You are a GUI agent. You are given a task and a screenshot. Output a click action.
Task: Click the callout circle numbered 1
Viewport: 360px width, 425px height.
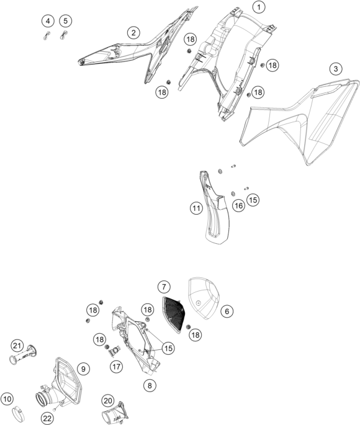(x=259, y=7)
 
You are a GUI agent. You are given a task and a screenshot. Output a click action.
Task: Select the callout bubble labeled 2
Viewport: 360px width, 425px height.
(x=133, y=33)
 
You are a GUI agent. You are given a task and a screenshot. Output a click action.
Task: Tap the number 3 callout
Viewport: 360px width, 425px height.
(x=336, y=69)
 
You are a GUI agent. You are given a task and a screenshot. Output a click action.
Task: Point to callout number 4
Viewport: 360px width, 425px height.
(x=48, y=21)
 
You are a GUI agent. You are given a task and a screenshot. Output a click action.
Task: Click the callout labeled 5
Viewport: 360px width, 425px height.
(x=66, y=21)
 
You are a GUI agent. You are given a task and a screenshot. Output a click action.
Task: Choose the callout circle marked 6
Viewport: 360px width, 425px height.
(x=227, y=311)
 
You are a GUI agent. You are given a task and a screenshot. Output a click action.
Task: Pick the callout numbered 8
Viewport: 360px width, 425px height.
(x=150, y=385)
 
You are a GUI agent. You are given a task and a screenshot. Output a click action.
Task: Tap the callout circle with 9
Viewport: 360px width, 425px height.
(x=83, y=369)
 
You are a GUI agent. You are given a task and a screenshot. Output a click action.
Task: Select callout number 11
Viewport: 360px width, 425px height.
(x=196, y=208)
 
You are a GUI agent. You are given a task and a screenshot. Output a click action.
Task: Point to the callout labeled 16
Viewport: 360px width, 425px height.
(x=238, y=206)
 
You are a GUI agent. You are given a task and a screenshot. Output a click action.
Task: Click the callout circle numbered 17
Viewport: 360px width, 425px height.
(x=116, y=367)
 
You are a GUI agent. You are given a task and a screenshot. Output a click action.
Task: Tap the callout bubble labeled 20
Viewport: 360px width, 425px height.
(x=108, y=401)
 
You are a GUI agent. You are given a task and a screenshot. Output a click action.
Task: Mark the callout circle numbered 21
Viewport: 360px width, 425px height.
(x=17, y=346)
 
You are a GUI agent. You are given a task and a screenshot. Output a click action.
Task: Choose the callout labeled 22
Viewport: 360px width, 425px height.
(x=47, y=418)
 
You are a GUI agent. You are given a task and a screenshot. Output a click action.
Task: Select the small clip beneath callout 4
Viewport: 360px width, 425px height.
(x=47, y=35)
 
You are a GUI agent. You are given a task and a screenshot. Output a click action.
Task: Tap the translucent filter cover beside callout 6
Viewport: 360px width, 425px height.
(x=204, y=298)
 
